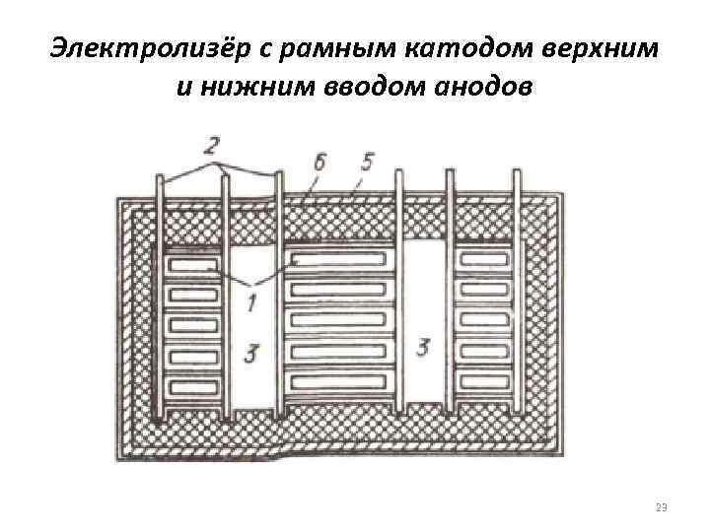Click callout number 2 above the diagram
point(211,147)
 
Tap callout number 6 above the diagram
point(319,163)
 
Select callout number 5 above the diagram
point(366,161)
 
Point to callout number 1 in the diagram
point(252,304)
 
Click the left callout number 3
point(252,353)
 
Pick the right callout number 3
point(425,348)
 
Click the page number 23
point(661,507)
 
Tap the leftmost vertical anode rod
point(160,296)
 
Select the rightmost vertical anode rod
point(516,296)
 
